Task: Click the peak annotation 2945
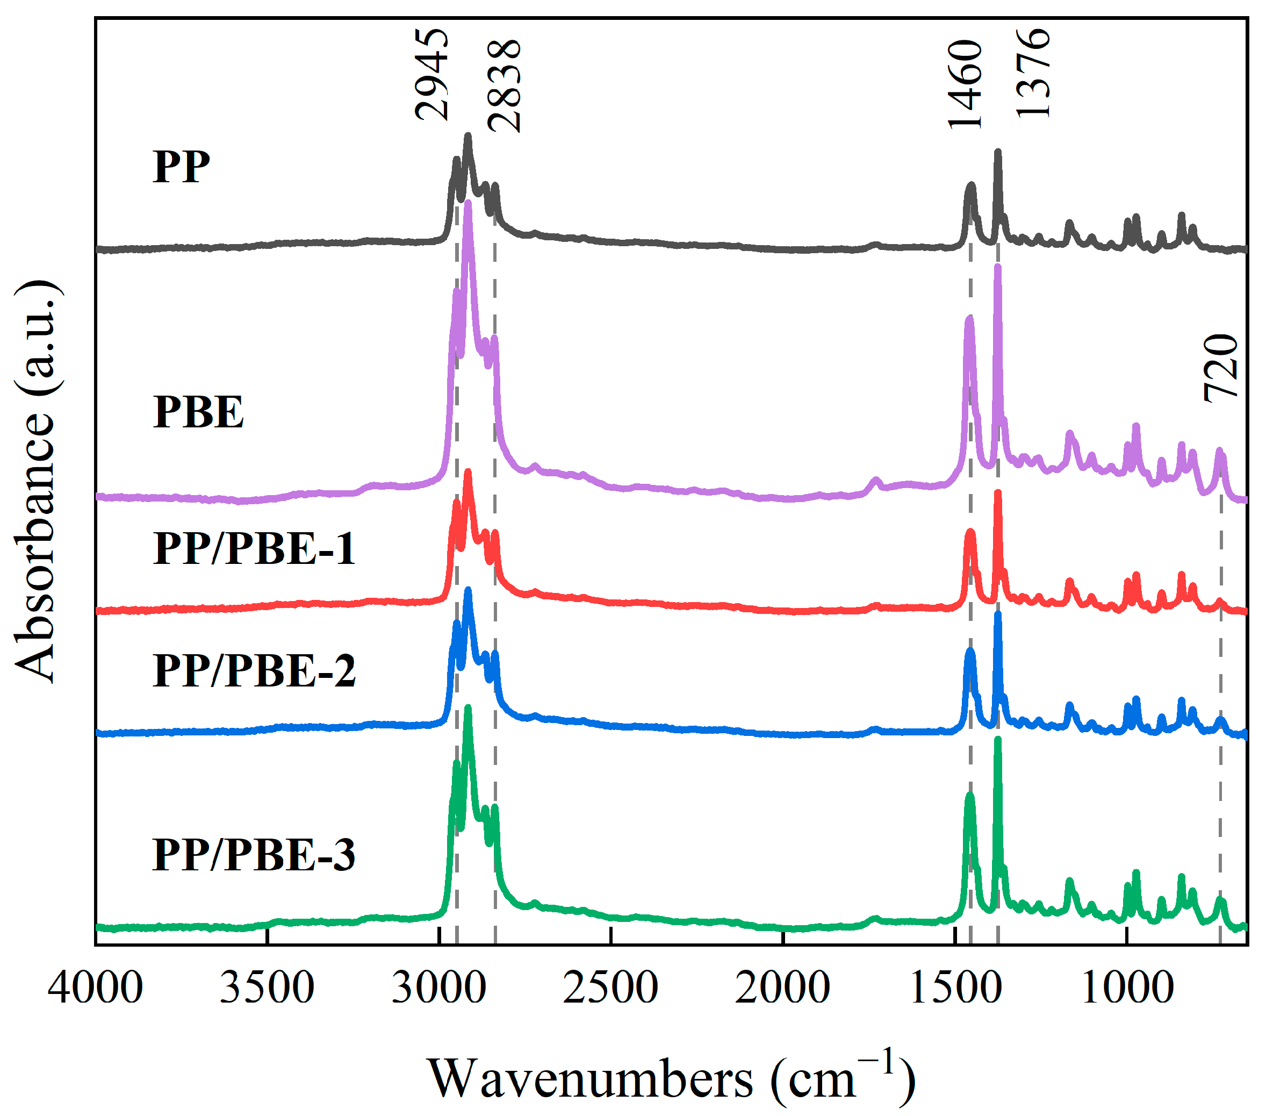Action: coord(431,74)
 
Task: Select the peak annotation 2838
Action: coord(504,86)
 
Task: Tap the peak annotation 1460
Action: coord(966,84)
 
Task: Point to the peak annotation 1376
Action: coord(1034,74)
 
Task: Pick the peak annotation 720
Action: coord(1220,369)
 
